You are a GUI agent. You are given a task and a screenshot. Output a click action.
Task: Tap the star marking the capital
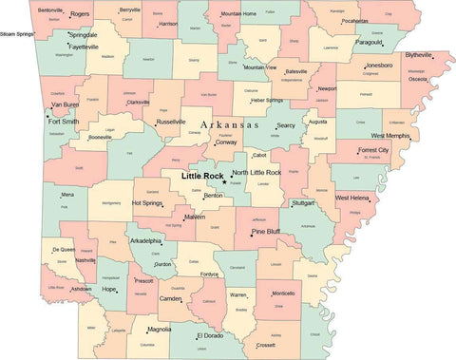coord(225,181)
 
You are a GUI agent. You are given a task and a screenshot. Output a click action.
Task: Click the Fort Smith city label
coord(64,122)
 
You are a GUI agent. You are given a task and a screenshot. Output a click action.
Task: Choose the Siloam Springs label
coord(18,33)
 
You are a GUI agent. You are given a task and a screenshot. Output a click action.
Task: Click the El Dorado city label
coord(211,335)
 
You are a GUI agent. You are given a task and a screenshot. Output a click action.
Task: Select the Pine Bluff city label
coord(265,231)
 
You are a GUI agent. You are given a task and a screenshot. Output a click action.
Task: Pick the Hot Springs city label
coord(147,202)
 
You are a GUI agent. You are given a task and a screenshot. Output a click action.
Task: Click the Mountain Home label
coord(238,14)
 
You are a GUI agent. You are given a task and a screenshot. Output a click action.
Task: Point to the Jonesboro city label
coord(378,66)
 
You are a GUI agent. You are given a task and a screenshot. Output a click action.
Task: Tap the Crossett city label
coord(271,346)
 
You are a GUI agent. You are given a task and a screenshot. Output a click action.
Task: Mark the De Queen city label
coord(62,249)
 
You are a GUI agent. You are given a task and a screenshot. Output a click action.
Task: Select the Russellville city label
coord(171,122)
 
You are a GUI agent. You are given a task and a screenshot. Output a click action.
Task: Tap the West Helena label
coord(352,198)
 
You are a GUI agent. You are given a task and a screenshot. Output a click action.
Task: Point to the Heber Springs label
coord(267,100)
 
